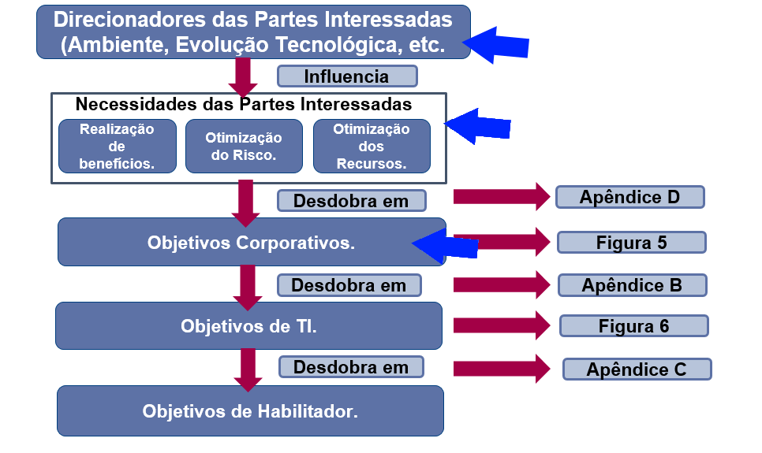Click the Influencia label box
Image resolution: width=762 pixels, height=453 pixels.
(347, 76)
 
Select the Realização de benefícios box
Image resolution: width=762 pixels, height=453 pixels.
(117, 147)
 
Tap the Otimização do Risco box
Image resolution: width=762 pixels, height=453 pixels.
(244, 147)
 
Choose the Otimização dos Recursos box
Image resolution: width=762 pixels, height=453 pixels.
(372, 147)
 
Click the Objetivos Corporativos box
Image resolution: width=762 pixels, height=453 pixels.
(252, 242)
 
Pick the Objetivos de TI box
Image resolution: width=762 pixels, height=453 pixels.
(248, 326)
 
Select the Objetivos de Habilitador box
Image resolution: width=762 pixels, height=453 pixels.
(250, 410)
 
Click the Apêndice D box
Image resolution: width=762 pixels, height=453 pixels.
(629, 197)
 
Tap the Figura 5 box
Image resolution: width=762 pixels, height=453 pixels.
(631, 243)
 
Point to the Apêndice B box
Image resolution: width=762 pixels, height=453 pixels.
(633, 285)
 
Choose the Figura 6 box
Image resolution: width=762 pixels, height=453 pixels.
(633, 326)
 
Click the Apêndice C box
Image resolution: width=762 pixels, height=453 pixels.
(637, 369)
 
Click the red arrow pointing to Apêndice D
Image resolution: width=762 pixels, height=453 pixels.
(502, 197)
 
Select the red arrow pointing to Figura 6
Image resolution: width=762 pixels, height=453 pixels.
(502, 325)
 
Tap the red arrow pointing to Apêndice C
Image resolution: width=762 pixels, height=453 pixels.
(502, 369)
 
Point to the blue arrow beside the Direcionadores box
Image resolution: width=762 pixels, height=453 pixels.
(495, 45)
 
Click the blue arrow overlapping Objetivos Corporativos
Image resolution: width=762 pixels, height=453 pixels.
(445, 243)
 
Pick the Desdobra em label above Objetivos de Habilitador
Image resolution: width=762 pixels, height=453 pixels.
(351, 367)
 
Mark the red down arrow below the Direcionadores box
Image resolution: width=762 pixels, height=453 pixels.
(243, 78)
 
